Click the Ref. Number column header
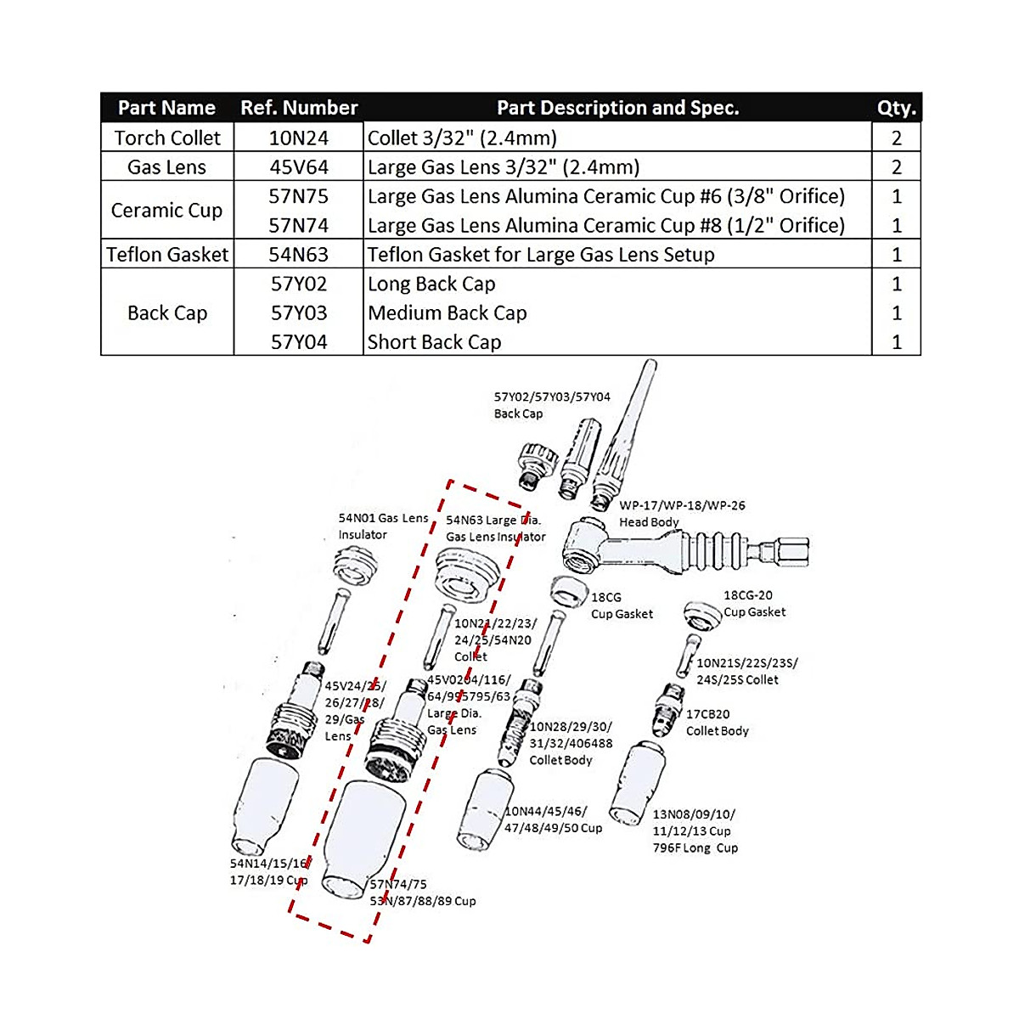[x=299, y=108]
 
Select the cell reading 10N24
[x=299, y=138]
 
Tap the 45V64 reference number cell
[x=299, y=167]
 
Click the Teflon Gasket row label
[x=167, y=255]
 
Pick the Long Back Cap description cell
[x=431, y=284]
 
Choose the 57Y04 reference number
[x=299, y=342]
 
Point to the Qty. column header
[x=896, y=108]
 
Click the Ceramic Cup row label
[x=167, y=211]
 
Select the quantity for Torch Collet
[x=896, y=138]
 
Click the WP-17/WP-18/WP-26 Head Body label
[x=682, y=514]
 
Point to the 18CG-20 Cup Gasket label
[x=754, y=604]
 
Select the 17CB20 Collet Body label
[x=717, y=723]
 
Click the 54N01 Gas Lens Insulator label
[x=382, y=526]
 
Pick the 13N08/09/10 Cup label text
[x=695, y=830]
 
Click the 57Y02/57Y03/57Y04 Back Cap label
[x=552, y=405]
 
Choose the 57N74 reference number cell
[x=299, y=226]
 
